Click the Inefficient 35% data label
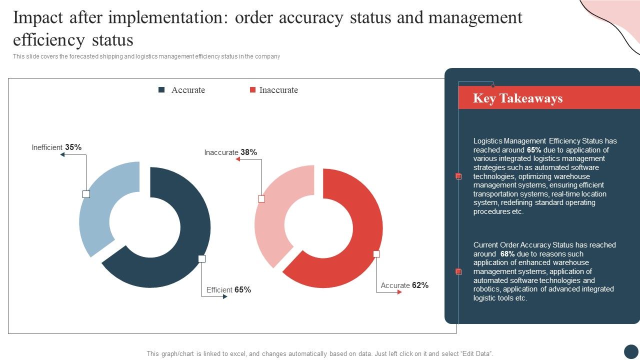point(56,147)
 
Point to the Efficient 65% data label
point(228,290)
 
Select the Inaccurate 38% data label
point(230,152)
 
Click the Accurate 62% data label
point(404,285)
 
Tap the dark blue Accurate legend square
point(161,90)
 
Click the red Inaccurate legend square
point(252,90)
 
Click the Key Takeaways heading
point(517,98)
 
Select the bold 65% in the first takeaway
point(534,150)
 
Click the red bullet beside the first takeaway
point(458,176)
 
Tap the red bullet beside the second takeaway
point(458,271)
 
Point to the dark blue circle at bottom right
point(631,351)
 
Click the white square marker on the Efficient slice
point(201,258)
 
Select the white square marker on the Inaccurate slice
point(261,199)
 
